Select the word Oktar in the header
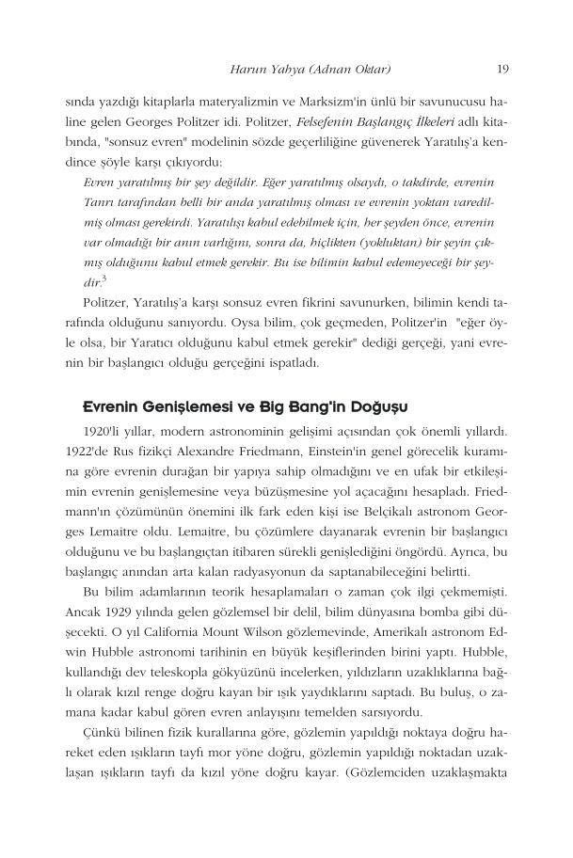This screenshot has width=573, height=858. pos(369,67)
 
